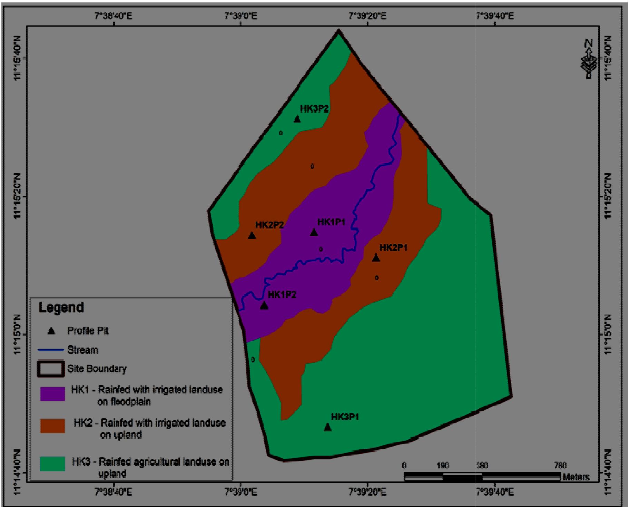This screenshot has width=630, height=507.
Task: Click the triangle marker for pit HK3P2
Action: [297, 119]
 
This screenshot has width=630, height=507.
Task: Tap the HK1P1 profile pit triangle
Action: [314, 232]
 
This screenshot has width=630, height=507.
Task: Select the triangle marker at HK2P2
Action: [252, 235]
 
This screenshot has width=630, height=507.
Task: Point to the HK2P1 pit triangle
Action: [376, 258]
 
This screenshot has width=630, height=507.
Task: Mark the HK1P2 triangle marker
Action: [264, 305]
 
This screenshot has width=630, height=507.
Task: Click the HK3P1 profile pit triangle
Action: [327, 428]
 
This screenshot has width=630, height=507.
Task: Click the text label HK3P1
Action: [345, 417]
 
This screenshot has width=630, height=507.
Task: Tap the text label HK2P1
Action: [393, 247]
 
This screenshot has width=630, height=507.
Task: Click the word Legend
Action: [61, 307]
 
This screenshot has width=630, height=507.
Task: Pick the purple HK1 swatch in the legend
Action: [52, 394]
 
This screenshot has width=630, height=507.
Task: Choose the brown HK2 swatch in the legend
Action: [52, 426]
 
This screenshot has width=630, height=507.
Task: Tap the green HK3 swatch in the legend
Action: [52, 464]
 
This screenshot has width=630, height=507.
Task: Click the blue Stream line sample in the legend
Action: [51, 350]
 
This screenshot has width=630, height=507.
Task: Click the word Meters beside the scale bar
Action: [575, 477]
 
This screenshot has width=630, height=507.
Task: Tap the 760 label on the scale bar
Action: [559, 466]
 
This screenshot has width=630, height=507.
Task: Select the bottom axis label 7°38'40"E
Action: [114, 491]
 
